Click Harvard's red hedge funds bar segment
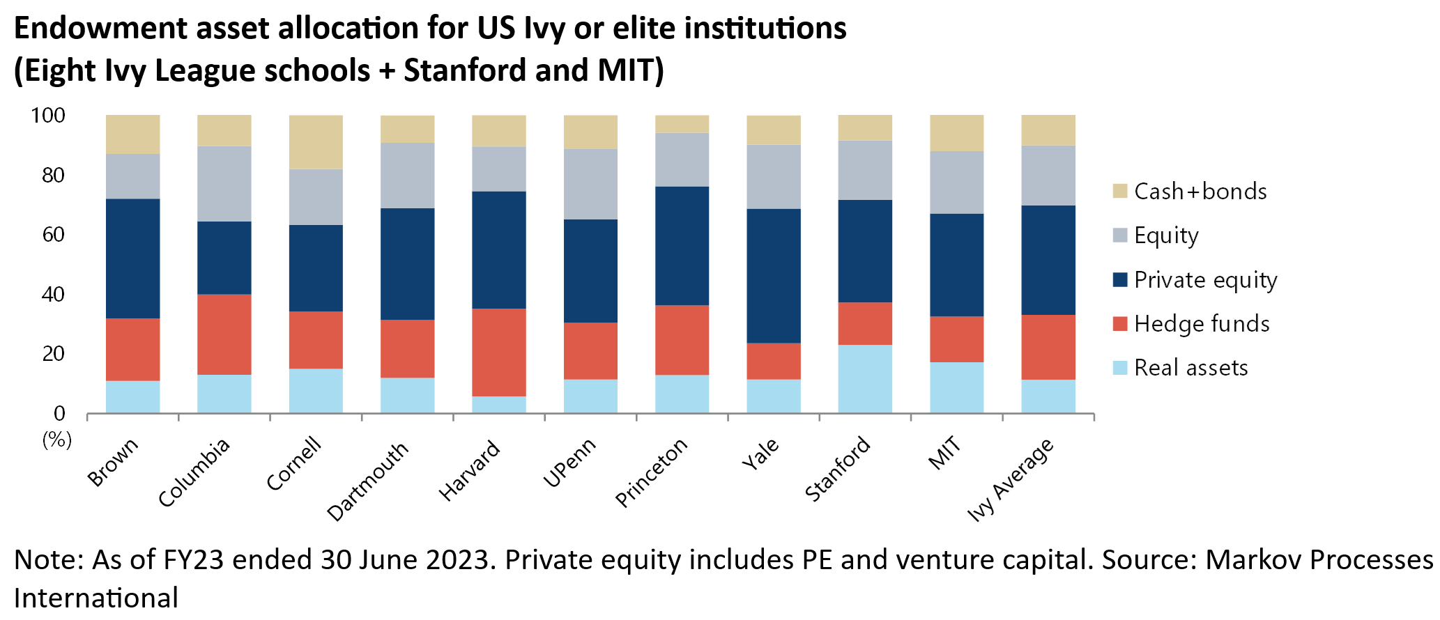coord(498,352)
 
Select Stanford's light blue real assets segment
coord(865,379)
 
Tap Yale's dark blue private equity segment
coord(773,276)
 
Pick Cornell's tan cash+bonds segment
coord(316,142)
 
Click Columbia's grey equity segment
coord(224,183)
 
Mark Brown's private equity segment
coord(132,258)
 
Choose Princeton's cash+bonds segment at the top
coord(682,124)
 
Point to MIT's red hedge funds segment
coord(956,339)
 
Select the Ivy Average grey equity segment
coord(1048,176)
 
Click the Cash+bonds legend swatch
coord(1119,191)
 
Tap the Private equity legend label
coord(1205,280)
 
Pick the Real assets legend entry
coord(1190,368)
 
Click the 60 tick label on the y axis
coord(54,234)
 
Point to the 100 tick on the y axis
coord(48,115)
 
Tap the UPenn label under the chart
coord(569,463)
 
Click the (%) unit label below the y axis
coord(57,440)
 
